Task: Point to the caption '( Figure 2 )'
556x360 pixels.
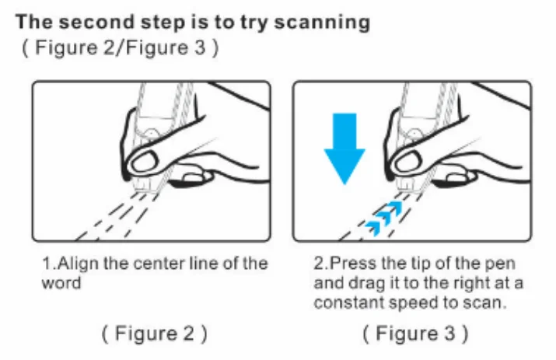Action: tap(154, 334)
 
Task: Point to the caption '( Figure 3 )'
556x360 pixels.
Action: tap(415, 334)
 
